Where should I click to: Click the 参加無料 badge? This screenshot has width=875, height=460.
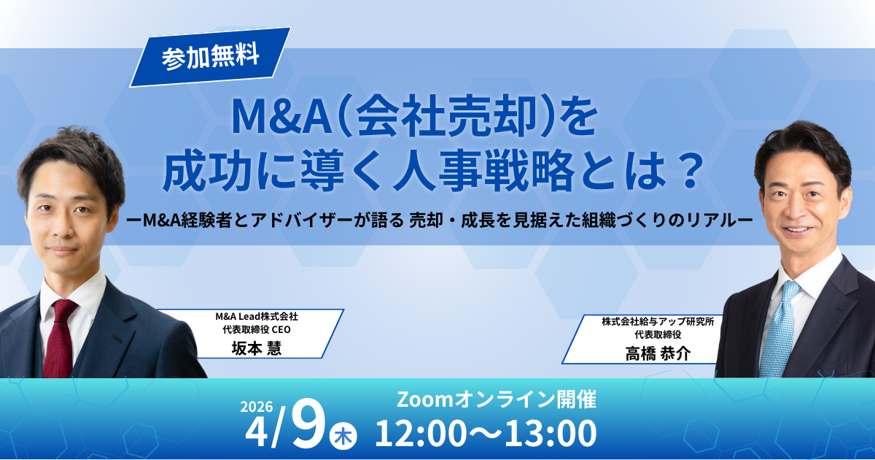click(x=210, y=57)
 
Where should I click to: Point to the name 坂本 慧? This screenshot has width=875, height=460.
click(x=256, y=348)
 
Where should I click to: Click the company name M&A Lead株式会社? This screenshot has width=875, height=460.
click(x=257, y=316)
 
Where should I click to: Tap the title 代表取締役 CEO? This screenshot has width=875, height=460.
click(x=257, y=330)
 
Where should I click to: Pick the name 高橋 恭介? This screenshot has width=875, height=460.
click(x=658, y=353)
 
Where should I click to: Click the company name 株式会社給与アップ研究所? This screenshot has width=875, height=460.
click(x=658, y=321)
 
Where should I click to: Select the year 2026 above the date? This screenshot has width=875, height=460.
click(x=256, y=407)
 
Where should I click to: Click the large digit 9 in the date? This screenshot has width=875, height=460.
click(x=309, y=424)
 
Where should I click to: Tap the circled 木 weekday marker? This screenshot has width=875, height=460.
click(x=343, y=436)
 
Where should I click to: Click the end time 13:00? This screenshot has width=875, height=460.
click(x=551, y=433)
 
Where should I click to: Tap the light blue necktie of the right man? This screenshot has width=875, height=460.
click(x=779, y=329)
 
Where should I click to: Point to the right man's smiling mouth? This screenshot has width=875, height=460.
click(x=797, y=230)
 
